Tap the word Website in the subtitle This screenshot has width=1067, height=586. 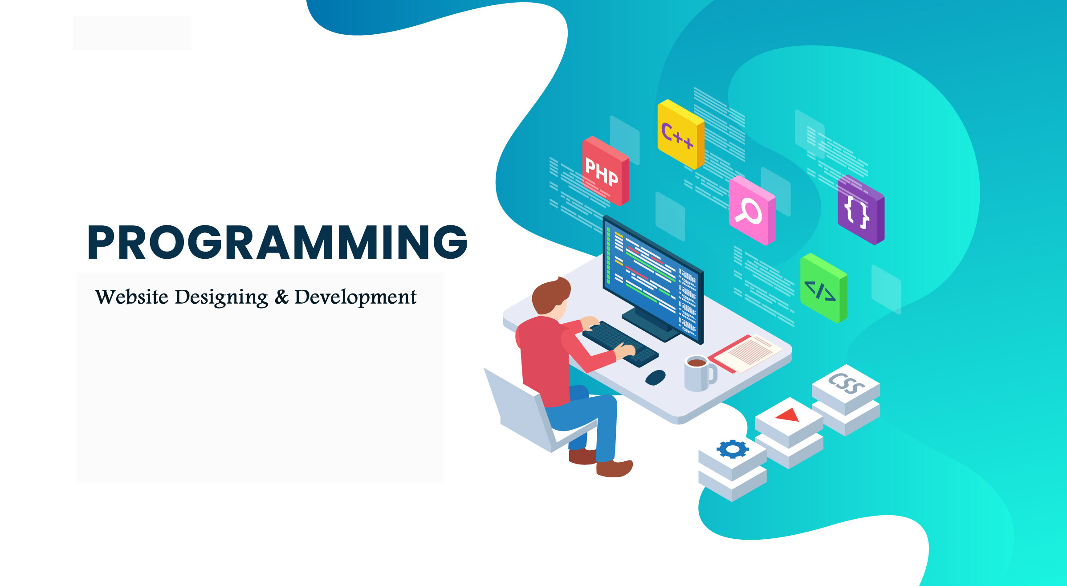pyautogui.click(x=132, y=297)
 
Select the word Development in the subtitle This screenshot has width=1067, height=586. pyautogui.click(x=355, y=297)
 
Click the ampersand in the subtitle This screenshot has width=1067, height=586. pyautogui.click(x=281, y=297)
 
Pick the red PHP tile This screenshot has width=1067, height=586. pyautogui.click(x=606, y=171)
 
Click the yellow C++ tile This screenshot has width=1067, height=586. pyautogui.click(x=681, y=134)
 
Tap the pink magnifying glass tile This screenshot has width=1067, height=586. pyautogui.click(x=752, y=210)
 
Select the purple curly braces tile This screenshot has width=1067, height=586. pyautogui.click(x=861, y=210)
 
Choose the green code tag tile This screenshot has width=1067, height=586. pyautogui.click(x=823, y=288)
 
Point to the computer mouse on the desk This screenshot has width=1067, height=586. pyautogui.click(x=656, y=378)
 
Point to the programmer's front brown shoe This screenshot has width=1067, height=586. pyautogui.click(x=614, y=468)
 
